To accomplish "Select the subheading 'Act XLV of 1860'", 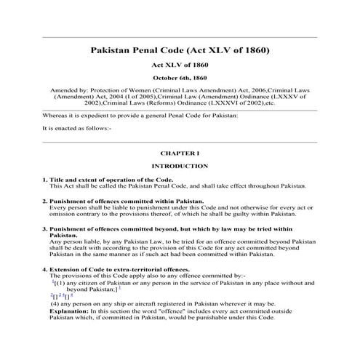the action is [180, 65].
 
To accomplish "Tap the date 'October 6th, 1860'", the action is [180, 77].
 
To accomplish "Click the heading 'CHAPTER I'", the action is [180, 154].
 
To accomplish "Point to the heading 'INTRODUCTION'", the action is [180, 167].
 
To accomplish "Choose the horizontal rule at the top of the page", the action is [180, 37].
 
